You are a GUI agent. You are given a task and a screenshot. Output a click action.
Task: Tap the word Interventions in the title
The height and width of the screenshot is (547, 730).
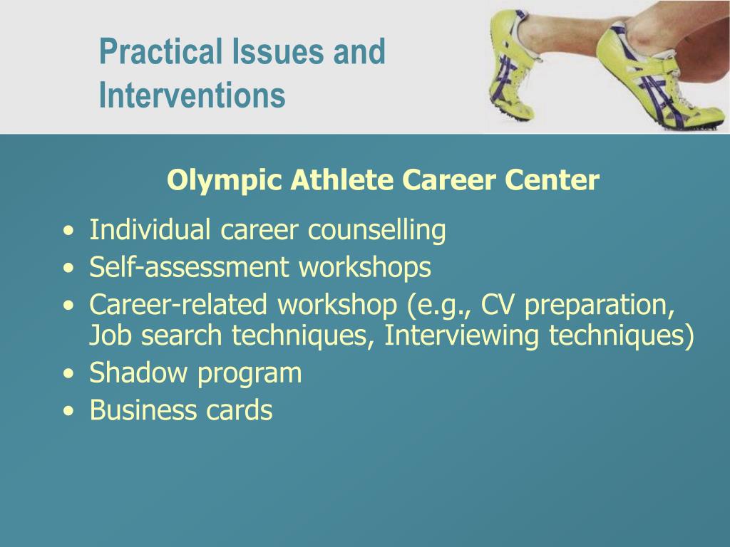tap(192, 95)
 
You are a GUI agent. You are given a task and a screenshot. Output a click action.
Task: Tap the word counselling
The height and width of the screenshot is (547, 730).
tap(376, 231)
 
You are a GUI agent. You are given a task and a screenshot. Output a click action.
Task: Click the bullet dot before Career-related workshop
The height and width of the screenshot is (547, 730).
tap(67, 306)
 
